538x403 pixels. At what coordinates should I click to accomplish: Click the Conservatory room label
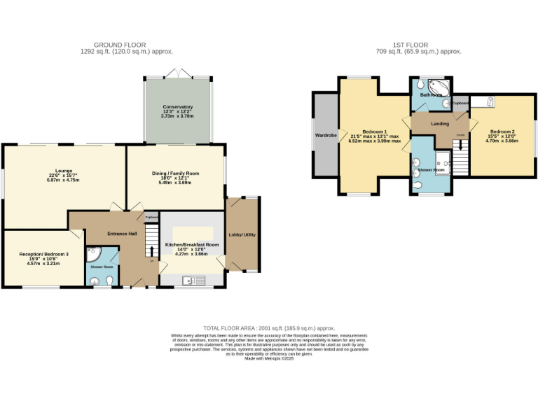click(x=177, y=107)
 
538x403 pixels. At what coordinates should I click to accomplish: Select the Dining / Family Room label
click(x=176, y=173)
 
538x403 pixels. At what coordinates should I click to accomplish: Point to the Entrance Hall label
click(x=121, y=233)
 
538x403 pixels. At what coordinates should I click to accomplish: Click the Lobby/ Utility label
click(x=242, y=234)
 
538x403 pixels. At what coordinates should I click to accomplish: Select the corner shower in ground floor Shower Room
click(x=93, y=255)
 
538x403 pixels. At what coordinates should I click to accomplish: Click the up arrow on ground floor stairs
click(x=149, y=260)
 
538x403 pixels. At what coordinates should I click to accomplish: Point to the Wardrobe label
click(x=326, y=134)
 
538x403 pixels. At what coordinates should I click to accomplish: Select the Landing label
click(x=440, y=124)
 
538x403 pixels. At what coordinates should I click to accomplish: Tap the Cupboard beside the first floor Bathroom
click(x=460, y=103)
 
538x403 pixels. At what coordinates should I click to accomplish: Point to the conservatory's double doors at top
click(x=177, y=73)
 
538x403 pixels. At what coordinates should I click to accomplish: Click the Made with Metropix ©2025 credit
click(x=269, y=358)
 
